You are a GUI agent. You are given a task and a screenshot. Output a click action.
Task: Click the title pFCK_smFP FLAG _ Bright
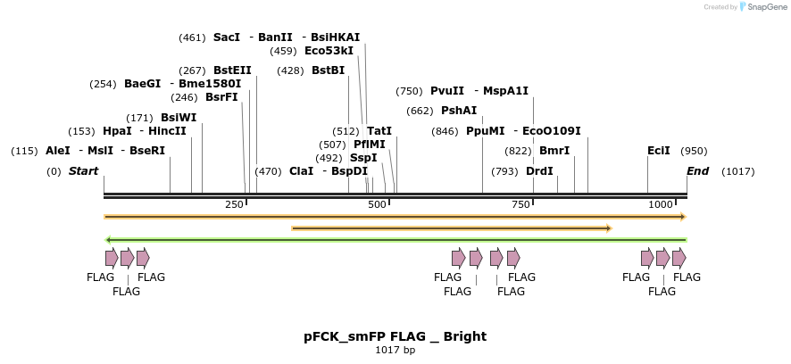pyautogui.click(x=395, y=336)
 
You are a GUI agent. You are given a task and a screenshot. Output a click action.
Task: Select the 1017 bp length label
pyautogui.click(x=395, y=351)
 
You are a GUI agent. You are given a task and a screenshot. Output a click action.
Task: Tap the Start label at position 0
pyautogui.click(x=83, y=171)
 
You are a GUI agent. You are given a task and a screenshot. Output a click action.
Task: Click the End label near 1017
pyautogui.click(x=697, y=171)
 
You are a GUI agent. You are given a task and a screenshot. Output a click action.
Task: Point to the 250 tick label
pyautogui.click(x=234, y=205)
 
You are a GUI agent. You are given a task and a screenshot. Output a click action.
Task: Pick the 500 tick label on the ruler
pyautogui.click(x=377, y=205)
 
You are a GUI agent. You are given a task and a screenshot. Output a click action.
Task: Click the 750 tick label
pyautogui.click(x=520, y=205)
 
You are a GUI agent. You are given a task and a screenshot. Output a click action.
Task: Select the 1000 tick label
pyautogui.click(x=661, y=205)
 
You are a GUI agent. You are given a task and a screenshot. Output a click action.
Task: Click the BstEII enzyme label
pyautogui.click(x=232, y=70)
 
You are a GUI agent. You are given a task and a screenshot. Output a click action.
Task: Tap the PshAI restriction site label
pyautogui.click(x=459, y=111)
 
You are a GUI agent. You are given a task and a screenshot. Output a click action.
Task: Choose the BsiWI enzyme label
pyautogui.click(x=179, y=118)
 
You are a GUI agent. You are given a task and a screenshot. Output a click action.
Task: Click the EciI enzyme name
pyautogui.click(x=659, y=151)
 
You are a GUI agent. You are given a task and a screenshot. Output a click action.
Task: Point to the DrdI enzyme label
pyautogui.click(x=539, y=171)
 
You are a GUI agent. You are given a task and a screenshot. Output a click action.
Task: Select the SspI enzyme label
pyautogui.click(x=363, y=158)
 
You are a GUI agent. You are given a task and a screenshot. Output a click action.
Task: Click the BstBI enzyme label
pyautogui.click(x=328, y=70)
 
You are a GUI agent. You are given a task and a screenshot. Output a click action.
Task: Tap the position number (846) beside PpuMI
pyautogui.click(x=445, y=131)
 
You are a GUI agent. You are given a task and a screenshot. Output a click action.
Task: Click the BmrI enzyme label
pyautogui.click(x=554, y=151)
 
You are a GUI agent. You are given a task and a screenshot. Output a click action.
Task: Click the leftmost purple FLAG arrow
pyautogui.click(x=112, y=258)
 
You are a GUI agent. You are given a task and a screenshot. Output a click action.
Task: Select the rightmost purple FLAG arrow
pyautogui.click(x=679, y=258)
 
